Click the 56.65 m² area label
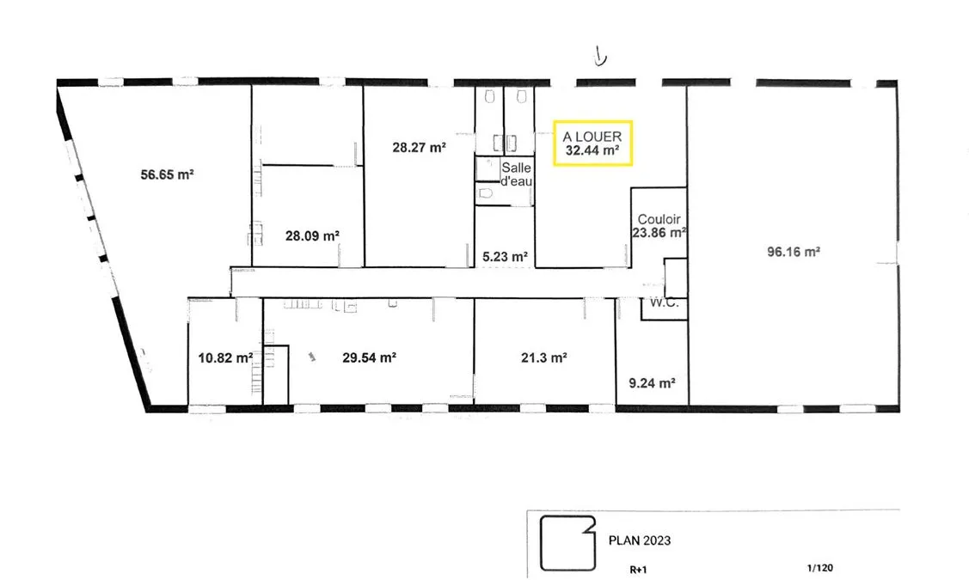(x=167, y=174)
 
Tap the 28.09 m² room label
(x=312, y=236)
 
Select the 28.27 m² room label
(x=419, y=148)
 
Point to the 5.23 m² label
(x=505, y=256)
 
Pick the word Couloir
(x=659, y=219)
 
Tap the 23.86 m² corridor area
(x=659, y=233)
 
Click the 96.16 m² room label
(x=794, y=252)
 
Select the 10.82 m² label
(x=225, y=358)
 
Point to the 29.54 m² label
(x=369, y=357)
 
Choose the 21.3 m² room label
(x=543, y=357)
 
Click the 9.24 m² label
(x=652, y=383)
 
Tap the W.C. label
(x=665, y=303)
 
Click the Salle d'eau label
(x=516, y=174)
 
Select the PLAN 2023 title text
(x=640, y=540)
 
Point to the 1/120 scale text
(x=820, y=568)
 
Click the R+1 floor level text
(x=638, y=570)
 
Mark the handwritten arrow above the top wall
(x=599, y=56)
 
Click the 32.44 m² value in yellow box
(x=592, y=150)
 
